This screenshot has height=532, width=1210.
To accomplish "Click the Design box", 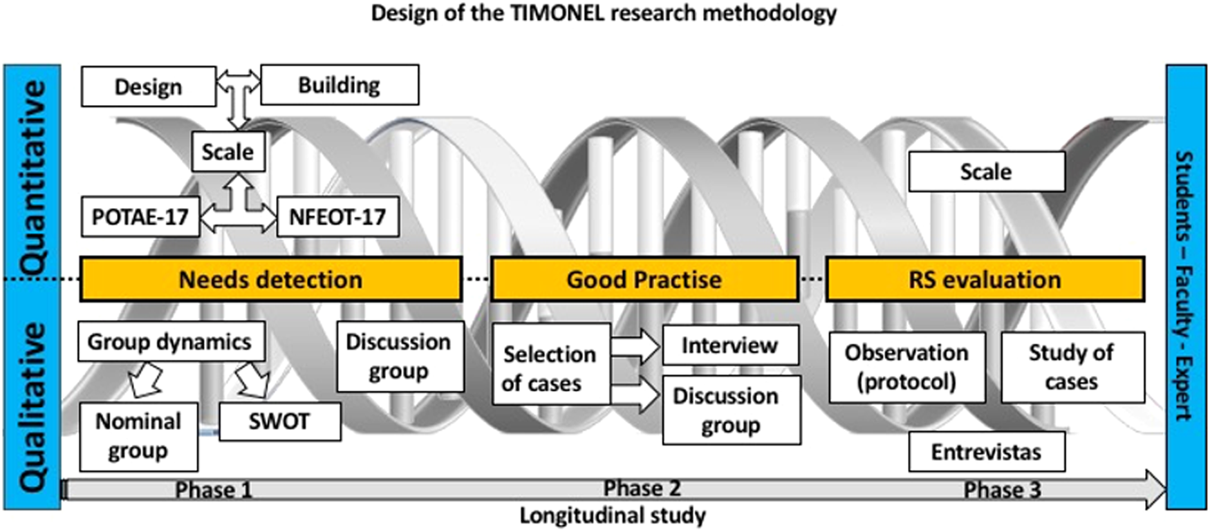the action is (x=149, y=86).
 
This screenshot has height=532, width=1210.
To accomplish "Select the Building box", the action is (x=339, y=85).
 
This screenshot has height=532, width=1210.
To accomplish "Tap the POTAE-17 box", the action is (x=140, y=217).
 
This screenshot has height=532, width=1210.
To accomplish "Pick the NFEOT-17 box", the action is (x=337, y=217).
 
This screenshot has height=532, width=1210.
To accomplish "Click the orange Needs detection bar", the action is (x=271, y=279).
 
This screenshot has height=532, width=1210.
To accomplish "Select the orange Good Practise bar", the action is (x=644, y=279).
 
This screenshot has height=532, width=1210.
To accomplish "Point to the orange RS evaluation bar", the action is (x=985, y=279).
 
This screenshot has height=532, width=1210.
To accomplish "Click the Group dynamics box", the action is (x=171, y=341).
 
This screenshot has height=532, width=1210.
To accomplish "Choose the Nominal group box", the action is (x=138, y=436).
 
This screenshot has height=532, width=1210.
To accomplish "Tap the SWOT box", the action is (x=280, y=421).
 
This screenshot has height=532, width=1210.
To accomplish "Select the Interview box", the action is (x=731, y=345).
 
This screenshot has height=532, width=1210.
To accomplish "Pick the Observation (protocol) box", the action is (x=907, y=367).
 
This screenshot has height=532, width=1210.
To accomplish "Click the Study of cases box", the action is (x=1072, y=367).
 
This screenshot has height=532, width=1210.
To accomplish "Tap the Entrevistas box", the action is (x=987, y=452).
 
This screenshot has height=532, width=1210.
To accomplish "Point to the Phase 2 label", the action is (x=642, y=488).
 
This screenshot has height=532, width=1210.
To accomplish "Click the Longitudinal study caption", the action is (x=613, y=515).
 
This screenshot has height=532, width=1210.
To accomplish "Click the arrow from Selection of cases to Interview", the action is (x=635, y=346).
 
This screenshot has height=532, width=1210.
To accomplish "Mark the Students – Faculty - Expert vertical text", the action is (x=1184, y=286).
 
